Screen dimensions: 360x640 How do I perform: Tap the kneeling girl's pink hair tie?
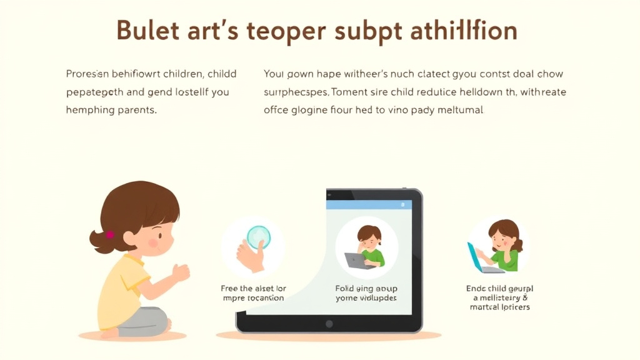click(x=111, y=235)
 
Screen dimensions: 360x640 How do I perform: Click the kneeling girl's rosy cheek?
click(x=154, y=242)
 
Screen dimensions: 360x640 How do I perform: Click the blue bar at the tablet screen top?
click(x=369, y=204)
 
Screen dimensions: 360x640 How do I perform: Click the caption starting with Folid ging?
click(x=366, y=293)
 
